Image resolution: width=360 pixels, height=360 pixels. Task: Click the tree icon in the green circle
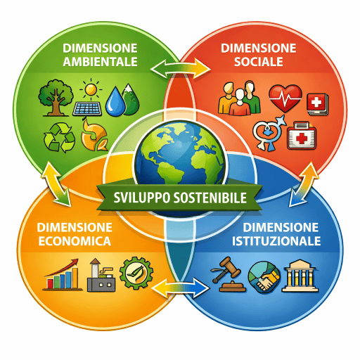pos(56,98)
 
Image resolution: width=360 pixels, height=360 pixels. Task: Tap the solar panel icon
pos(87,109)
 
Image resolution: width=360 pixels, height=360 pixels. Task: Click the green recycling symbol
pos(60,137)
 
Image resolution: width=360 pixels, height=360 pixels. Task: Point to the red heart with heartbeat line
pos(285,98)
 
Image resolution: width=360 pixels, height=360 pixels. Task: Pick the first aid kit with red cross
pos(302,136)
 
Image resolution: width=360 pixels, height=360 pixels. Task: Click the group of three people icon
pos(239,98)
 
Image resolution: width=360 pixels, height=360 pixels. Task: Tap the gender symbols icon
pos(269,133)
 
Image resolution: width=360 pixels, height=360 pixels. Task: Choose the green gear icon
pos(136,274)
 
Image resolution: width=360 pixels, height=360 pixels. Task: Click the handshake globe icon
pos(264,278)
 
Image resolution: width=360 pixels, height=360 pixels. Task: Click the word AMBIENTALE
pos(100,62)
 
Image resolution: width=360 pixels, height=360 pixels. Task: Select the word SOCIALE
pos(259,62)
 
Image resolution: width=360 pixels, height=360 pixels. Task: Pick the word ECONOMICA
pos(75,241)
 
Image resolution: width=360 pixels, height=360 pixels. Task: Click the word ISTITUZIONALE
pos(276,241)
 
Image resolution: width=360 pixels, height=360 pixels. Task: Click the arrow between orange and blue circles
pos(181,288)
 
